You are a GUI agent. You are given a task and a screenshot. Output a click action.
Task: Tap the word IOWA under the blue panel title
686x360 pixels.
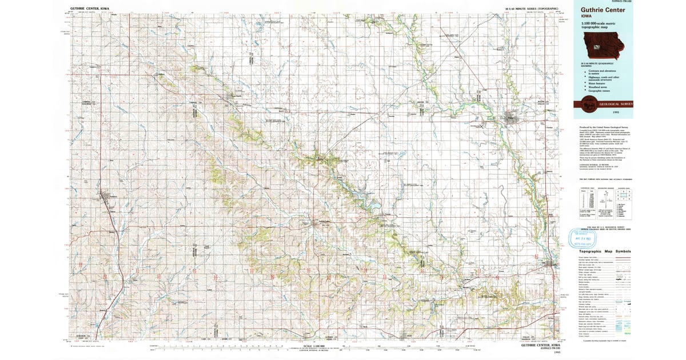587,17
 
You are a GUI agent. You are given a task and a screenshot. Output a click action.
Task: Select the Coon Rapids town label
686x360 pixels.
234,96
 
